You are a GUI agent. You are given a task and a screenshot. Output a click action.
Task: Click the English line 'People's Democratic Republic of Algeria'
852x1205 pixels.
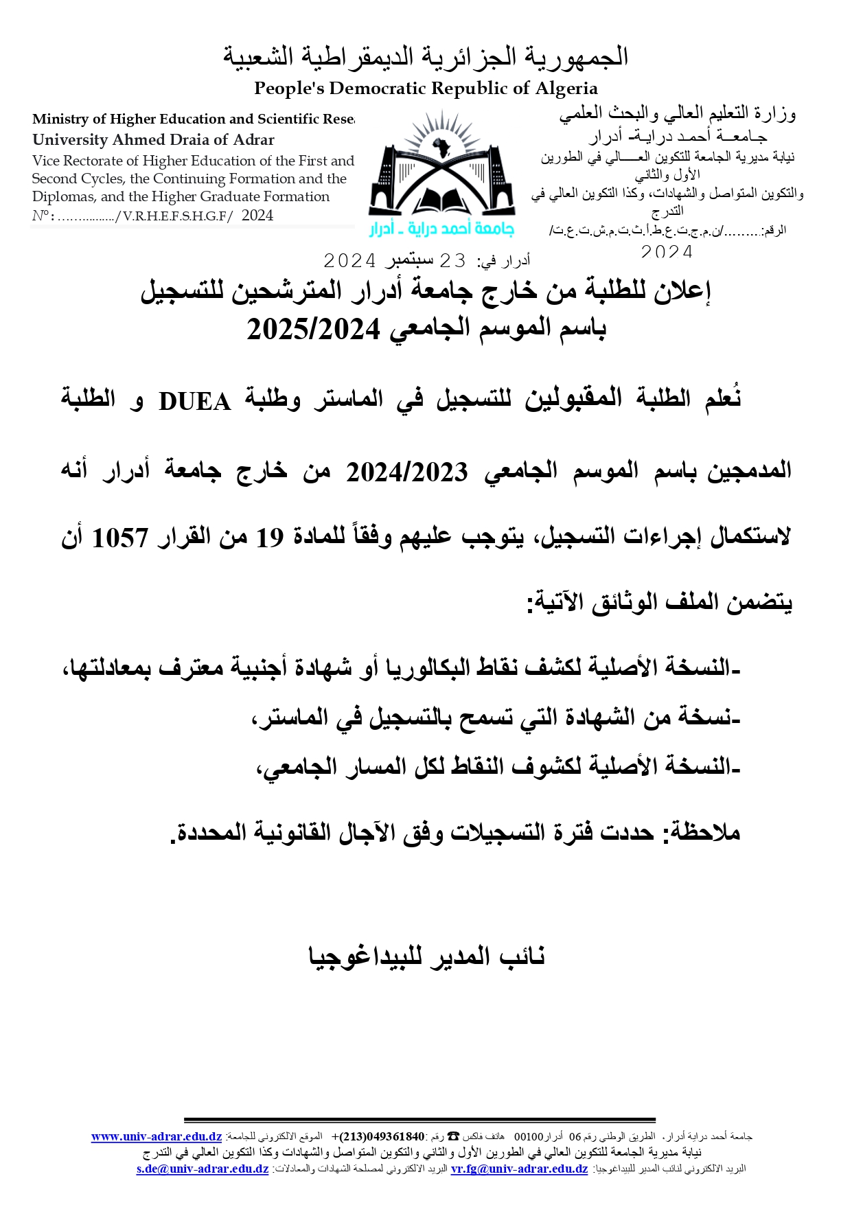point(426,89)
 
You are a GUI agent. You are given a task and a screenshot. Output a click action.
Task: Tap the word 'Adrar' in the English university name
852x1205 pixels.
point(253,140)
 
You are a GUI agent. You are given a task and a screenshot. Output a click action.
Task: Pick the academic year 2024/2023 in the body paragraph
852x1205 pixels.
point(406,472)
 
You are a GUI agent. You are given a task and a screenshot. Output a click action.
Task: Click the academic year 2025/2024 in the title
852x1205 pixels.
point(313,330)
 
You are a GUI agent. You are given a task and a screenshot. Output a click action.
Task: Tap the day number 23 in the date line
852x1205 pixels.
point(452,261)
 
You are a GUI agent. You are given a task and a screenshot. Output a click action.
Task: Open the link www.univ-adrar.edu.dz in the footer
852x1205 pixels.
point(157,1137)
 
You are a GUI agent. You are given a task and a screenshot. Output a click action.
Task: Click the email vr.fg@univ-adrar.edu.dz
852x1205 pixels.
point(519,1169)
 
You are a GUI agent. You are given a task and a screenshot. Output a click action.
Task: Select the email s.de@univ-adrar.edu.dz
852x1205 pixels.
point(203,1169)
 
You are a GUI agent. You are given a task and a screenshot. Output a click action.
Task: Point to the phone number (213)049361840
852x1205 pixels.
point(382,1137)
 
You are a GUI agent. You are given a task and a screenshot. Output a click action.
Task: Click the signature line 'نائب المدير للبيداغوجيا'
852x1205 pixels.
point(426,956)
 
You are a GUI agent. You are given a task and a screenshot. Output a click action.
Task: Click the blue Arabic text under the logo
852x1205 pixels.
point(441,229)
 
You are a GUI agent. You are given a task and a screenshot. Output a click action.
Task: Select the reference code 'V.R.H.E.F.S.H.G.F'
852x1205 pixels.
point(175,216)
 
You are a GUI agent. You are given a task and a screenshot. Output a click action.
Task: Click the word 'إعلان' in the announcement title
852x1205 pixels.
point(676,291)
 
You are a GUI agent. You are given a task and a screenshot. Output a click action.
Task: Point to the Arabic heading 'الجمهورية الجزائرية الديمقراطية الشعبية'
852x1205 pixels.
point(426,56)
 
